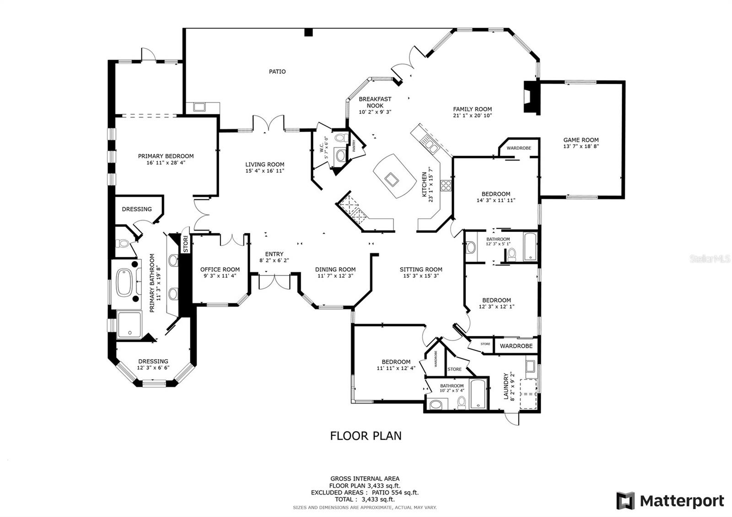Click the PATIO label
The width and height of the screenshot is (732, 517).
click(277, 71)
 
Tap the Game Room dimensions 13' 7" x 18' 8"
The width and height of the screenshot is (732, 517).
click(581, 146)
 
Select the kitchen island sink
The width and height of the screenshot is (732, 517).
click(391, 179)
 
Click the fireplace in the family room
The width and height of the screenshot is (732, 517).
click(531, 97)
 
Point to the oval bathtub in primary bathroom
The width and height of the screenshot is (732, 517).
click(124, 283)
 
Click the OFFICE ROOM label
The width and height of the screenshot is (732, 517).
click(220, 269)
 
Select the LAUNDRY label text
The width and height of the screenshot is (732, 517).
click(506, 386)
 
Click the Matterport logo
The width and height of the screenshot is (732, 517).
click(670, 501)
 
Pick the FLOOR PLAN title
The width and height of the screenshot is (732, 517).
click(366, 436)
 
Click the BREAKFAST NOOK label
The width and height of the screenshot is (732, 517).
click(375, 102)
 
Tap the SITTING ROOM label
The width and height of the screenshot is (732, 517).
click(420, 269)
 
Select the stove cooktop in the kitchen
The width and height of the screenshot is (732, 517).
click(446, 185)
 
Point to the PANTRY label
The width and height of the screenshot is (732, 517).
click(354, 145)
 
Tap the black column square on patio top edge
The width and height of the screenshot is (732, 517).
click(308, 32)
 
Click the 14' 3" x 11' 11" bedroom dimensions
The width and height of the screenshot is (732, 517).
click(496, 200)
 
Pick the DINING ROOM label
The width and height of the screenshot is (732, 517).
click(335, 269)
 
